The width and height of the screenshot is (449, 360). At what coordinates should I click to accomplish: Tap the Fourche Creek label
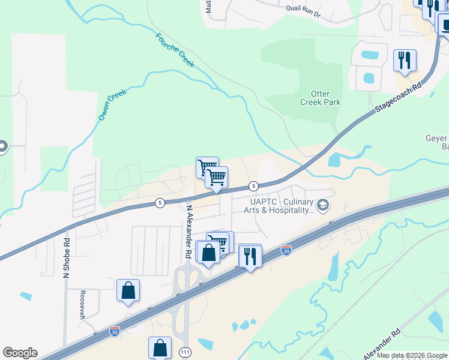pos(175,50)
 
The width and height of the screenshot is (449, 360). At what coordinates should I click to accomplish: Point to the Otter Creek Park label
pos(320,98)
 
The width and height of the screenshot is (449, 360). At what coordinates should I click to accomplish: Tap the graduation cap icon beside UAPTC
pos(324,206)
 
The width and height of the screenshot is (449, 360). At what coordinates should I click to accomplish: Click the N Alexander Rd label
pos(188,232)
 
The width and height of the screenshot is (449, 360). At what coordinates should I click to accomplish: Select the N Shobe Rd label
pos(67,258)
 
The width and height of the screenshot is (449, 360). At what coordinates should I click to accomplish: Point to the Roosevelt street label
pos(81,306)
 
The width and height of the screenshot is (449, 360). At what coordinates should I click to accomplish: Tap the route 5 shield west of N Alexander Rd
pos(159,203)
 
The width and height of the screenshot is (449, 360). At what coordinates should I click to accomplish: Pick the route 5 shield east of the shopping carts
pos(254,186)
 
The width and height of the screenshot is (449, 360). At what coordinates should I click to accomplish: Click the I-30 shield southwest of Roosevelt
pos(114,331)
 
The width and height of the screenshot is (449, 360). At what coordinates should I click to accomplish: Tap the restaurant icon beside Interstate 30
pos(249,256)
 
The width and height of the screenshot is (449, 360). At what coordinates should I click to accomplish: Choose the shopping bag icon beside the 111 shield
pos(160,347)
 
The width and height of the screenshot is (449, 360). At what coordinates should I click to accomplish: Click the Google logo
pos(20,353)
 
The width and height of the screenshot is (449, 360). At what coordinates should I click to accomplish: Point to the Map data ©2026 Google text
pos(411,355)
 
